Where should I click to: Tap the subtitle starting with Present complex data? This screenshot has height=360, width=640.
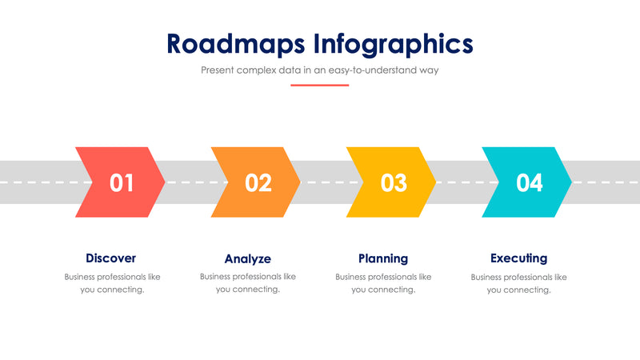pyautogui.click(x=319, y=70)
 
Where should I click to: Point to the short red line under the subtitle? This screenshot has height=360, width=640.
pyautogui.click(x=319, y=85)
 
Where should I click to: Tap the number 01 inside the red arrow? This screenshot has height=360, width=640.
pyautogui.click(x=122, y=183)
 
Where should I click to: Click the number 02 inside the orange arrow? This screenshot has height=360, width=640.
pyautogui.click(x=258, y=183)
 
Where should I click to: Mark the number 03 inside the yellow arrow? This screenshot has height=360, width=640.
pyautogui.click(x=393, y=183)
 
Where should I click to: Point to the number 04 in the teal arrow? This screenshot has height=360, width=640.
pyautogui.click(x=529, y=183)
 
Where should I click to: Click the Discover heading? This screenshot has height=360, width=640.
pyautogui.click(x=111, y=258)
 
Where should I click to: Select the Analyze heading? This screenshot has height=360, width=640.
pyautogui.click(x=247, y=259)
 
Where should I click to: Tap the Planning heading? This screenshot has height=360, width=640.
pyautogui.click(x=383, y=258)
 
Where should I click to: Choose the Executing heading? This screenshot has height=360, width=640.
pyautogui.click(x=518, y=258)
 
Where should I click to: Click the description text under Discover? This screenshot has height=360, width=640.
pyautogui.click(x=112, y=283)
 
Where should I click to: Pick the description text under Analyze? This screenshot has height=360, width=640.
pyautogui.click(x=248, y=283)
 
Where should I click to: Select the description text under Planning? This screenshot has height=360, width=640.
pyautogui.click(x=383, y=283)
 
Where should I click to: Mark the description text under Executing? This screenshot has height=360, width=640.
pyautogui.click(x=518, y=283)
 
